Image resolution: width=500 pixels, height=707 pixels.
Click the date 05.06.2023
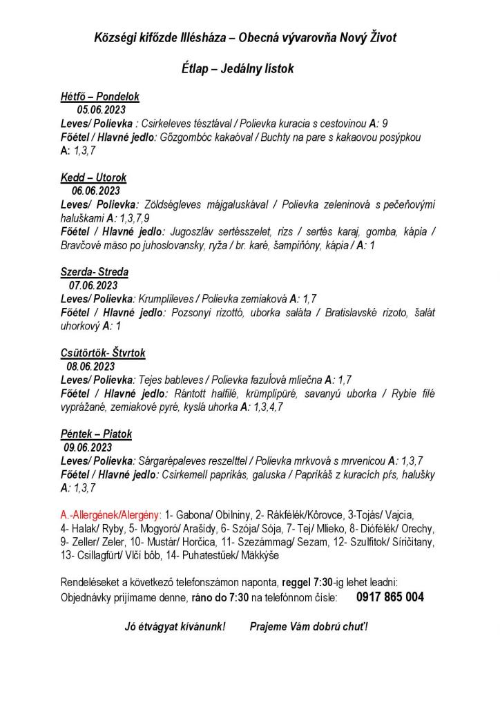(x=101, y=110)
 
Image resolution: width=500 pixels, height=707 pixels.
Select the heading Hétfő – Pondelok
(x=100, y=97)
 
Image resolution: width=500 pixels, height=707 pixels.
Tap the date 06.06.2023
(x=96, y=191)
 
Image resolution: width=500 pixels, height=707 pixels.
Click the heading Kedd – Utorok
(x=94, y=177)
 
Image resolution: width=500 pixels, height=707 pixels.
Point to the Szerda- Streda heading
(x=95, y=272)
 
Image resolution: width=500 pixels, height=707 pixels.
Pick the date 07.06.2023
(x=93, y=285)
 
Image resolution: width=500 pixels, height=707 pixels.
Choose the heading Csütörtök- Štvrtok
(x=103, y=353)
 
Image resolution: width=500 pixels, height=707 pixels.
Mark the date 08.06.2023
(x=90, y=366)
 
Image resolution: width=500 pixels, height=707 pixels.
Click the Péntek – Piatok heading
(x=96, y=434)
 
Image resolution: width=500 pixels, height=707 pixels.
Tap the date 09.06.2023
(x=88, y=447)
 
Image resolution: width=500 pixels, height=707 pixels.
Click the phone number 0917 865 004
(x=390, y=597)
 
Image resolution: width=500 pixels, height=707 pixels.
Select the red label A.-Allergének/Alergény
(x=111, y=515)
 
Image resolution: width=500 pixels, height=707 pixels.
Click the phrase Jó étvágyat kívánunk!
(x=175, y=627)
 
